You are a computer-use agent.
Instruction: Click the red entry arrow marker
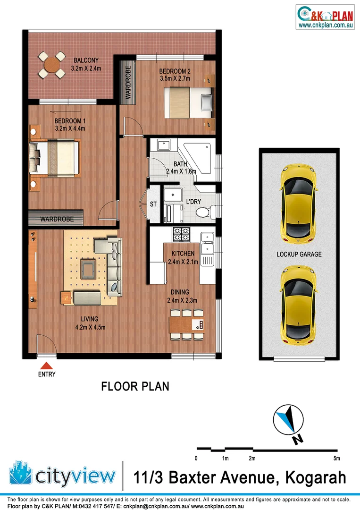tap(46, 365)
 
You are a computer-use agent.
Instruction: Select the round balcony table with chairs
tap(52, 65)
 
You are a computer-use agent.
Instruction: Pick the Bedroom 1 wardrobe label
tap(56, 219)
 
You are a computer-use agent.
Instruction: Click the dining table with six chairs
tap(187, 324)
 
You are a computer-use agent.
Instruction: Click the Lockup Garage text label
tap(299, 254)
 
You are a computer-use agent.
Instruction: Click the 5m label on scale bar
tap(336, 459)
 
